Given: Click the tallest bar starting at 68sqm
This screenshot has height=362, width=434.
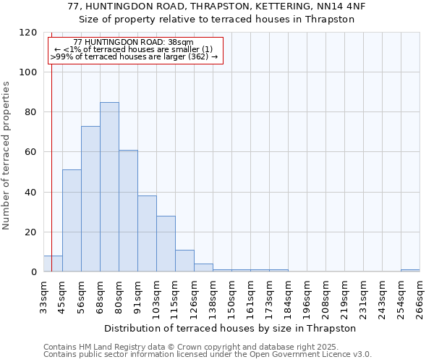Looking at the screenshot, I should [x=109, y=187].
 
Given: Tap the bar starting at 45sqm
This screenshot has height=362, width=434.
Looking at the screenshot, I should [x=72, y=221].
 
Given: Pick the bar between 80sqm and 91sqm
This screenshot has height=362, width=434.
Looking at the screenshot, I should [x=128, y=211].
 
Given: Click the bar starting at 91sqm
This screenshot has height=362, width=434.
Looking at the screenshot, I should [x=147, y=234].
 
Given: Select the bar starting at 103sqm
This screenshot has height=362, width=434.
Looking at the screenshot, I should [x=166, y=244].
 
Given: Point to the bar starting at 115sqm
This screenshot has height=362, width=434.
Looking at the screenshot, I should [x=184, y=261].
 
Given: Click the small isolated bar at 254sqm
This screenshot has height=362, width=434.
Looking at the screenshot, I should [x=410, y=270].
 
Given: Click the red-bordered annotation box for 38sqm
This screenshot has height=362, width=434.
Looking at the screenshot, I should [x=135, y=50].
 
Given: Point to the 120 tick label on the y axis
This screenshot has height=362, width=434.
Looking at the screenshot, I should [x=28, y=33].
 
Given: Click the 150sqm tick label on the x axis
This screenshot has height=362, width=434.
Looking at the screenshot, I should [x=231, y=298].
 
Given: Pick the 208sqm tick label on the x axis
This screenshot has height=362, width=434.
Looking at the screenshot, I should [x=325, y=298].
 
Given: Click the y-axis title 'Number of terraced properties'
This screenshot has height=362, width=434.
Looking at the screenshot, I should [x=7, y=156].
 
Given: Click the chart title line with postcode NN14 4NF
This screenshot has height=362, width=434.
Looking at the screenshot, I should [x=216, y=7].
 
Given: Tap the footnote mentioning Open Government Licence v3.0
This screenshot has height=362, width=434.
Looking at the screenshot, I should [x=208, y=355].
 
